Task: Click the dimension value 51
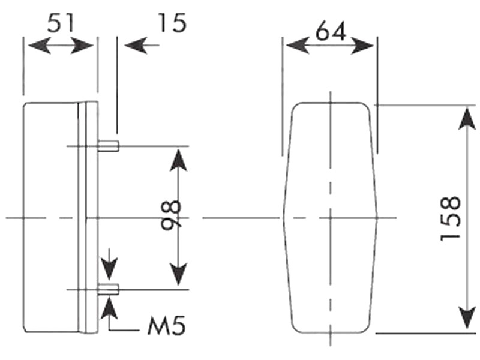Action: tap(61, 23)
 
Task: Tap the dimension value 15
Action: tap(172, 23)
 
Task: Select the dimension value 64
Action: tap(331, 31)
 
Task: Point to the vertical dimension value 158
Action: tap(451, 218)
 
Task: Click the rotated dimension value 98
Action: tap(171, 215)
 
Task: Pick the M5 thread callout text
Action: tap(167, 326)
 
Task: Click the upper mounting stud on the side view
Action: tap(109, 145)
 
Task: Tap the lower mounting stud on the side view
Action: tap(109, 289)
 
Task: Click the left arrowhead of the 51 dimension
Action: tap(40, 46)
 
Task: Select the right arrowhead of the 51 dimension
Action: tap(82, 46)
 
